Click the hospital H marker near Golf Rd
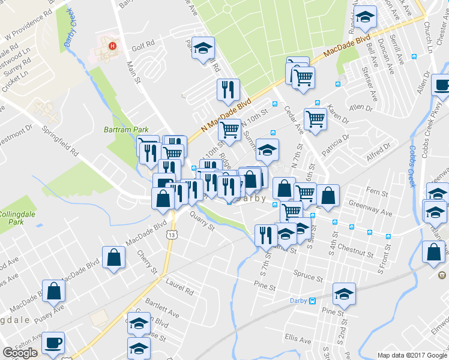[x=110, y=46]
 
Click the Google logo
[x=20, y=353]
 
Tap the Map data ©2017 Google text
[x=412, y=355]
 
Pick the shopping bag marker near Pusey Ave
[x=54, y=291]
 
